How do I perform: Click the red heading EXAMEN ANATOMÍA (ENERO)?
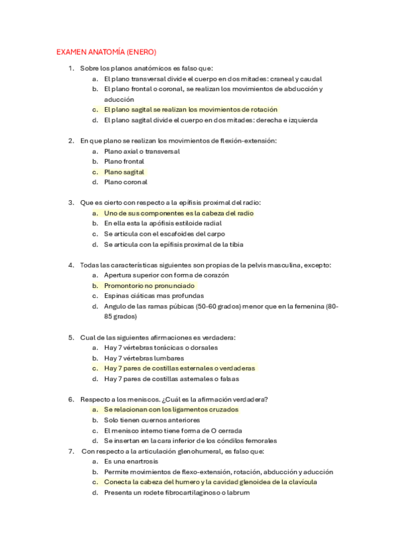tap(106, 52)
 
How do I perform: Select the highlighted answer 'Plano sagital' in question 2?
tap(124, 172)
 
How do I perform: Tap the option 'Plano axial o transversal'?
tap(142, 151)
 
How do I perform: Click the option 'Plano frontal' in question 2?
tap(124, 161)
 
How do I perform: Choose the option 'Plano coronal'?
tap(125, 182)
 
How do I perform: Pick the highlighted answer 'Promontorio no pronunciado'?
tap(150, 286)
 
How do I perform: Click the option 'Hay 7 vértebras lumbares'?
tap(146, 358)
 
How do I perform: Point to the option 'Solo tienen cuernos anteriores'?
tap(152, 420)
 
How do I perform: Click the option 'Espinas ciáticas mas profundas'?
tap(154, 296)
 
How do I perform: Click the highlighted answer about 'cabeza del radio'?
tap(179, 213)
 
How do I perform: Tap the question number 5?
tap(71, 337)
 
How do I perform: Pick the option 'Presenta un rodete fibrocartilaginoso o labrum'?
tap(177, 493)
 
